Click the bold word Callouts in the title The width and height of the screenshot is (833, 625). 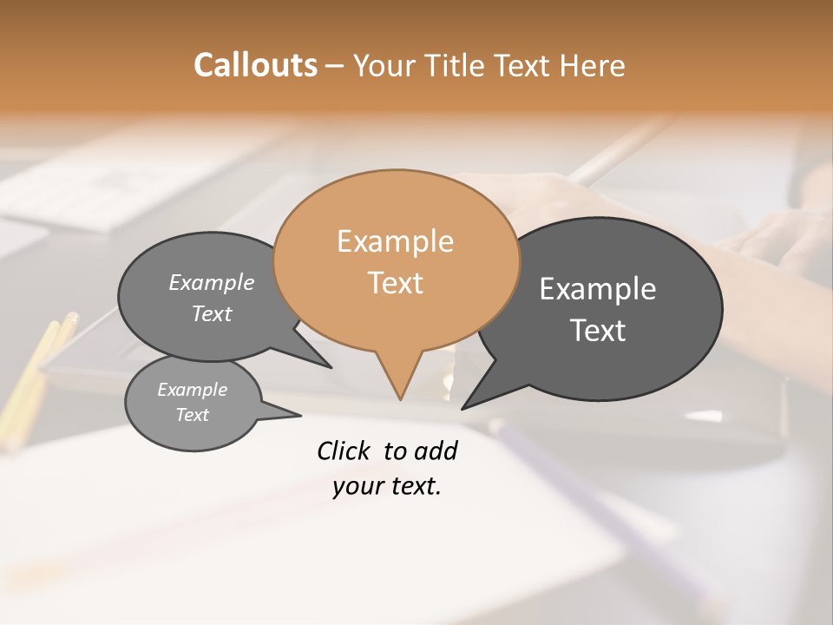pyautogui.click(x=255, y=65)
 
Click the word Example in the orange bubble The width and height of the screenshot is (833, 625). pyautogui.click(x=395, y=241)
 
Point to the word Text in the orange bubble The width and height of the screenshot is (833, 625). pyautogui.click(x=395, y=282)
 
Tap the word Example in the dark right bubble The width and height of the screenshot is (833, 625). pyautogui.click(x=598, y=289)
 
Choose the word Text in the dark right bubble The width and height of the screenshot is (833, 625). pyautogui.click(x=598, y=331)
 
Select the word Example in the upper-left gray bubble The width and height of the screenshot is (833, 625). pyautogui.click(x=212, y=282)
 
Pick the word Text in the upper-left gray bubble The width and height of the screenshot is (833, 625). pyautogui.click(x=212, y=313)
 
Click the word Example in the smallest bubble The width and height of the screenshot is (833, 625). pyautogui.click(x=192, y=390)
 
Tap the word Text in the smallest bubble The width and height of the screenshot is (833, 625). pyautogui.click(x=192, y=415)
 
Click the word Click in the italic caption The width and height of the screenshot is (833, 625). pyautogui.click(x=344, y=451)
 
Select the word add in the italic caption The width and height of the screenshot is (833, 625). pyautogui.click(x=436, y=451)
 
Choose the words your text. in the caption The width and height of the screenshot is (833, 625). pyautogui.click(x=387, y=486)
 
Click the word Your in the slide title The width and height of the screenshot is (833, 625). pyautogui.click(x=385, y=65)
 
